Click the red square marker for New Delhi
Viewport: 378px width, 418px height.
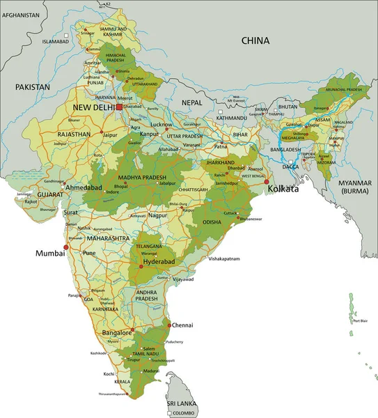119,107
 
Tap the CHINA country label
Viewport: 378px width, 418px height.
255,41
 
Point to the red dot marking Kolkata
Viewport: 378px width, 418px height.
267,182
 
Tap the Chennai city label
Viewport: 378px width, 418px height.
182,325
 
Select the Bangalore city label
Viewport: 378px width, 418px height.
116,334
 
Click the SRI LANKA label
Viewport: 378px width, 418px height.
180,403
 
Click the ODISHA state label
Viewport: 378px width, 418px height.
212,222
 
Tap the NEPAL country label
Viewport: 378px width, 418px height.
191,102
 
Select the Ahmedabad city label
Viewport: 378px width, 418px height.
85,188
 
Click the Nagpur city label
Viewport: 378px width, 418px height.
158,216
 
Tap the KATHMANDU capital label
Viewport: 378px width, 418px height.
231,118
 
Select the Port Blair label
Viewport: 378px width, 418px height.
360,321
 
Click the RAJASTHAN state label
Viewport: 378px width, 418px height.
74,134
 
